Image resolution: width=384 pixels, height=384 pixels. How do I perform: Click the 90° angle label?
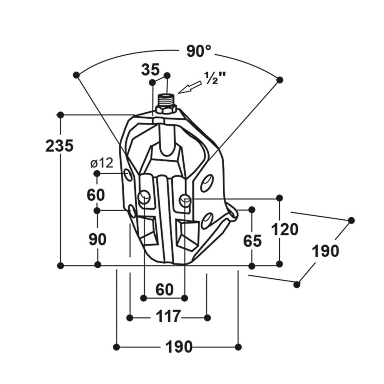click(199, 52)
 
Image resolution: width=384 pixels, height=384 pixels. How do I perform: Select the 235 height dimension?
click(59, 146)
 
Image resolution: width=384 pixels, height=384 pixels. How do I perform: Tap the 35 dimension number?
click(151, 70)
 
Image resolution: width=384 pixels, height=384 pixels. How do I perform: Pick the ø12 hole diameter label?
click(102, 163)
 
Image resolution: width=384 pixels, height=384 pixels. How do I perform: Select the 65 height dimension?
click(252, 240)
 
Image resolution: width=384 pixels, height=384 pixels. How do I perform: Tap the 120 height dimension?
click(285, 230)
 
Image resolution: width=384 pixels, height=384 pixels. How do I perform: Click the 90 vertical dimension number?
click(97, 239)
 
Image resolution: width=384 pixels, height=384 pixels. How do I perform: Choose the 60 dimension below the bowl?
click(164, 290)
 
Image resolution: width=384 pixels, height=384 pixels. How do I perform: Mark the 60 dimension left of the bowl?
click(96, 195)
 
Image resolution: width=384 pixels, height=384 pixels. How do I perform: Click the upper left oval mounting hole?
click(128, 174)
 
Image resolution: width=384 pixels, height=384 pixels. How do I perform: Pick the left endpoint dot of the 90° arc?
click(77, 75)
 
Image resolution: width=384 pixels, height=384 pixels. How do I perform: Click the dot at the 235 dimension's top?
click(60, 115)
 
